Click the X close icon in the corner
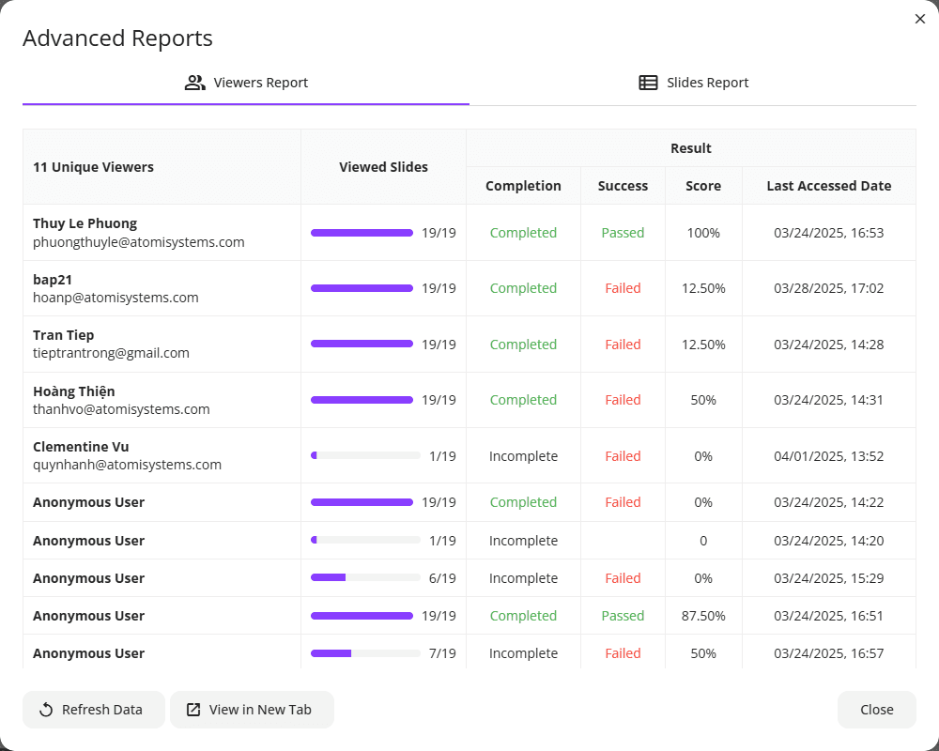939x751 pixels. (x=920, y=19)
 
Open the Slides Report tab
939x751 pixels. (x=693, y=83)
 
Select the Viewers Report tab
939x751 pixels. (x=246, y=83)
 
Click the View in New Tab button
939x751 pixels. (x=252, y=710)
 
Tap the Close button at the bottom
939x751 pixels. (x=877, y=710)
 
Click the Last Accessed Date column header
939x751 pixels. (x=829, y=186)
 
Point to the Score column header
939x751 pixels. (x=703, y=186)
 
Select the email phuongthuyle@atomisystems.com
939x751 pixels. (x=138, y=242)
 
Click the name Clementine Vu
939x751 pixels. (x=81, y=447)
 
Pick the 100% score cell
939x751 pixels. (x=703, y=233)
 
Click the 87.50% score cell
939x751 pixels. (x=703, y=616)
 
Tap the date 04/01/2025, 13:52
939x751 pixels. (x=829, y=456)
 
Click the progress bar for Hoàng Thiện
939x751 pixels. (x=362, y=400)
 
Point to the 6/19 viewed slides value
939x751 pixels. (x=442, y=578)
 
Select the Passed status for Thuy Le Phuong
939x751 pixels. (x=623, y=233)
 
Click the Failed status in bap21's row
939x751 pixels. (x=623, y=288)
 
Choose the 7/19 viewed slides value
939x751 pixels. (x=442, y=653)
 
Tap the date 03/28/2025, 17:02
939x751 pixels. (x=829, y=288)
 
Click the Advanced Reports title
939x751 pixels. (x=117, y=38)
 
